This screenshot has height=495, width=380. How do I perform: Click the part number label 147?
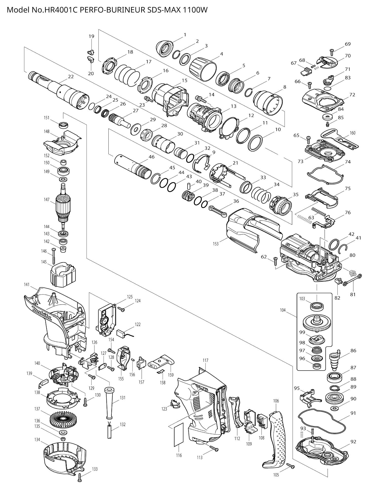pos(46,200)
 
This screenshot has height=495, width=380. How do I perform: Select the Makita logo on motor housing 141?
pos(42,314)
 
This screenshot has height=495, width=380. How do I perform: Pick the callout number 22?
pos(71,77)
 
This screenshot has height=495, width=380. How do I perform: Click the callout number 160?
pos(352,133)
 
